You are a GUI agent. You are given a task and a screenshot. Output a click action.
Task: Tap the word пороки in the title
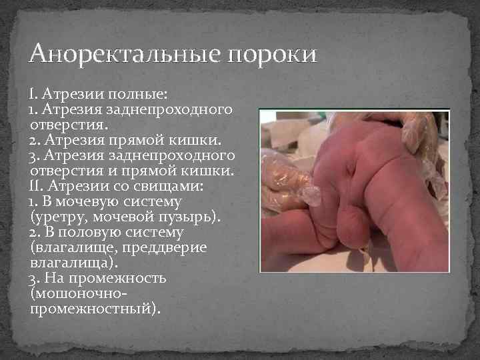pos(272,53)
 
